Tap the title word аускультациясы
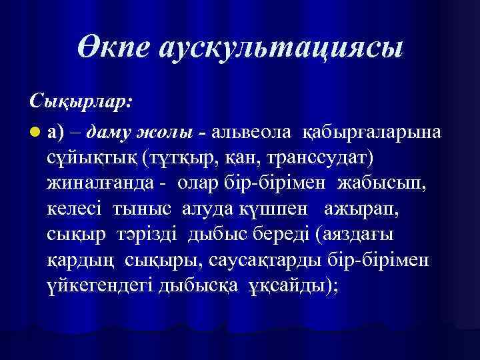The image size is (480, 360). (x=281, y=51)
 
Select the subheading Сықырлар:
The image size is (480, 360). (x=81, y=102)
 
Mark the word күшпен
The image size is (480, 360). (x=270, y=210)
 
